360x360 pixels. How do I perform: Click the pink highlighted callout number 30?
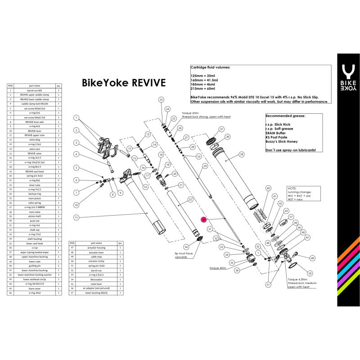(x=204, y=220)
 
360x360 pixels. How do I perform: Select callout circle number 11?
(x=76, y=217)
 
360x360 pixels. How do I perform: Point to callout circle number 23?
(x=162, y=99)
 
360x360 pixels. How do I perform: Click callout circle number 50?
(x=309, y=273)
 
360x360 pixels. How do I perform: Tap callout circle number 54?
(x=186, y=247)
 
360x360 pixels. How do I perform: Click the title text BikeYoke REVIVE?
(x=123, y=83)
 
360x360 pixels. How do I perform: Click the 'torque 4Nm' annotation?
(x=221, y=268)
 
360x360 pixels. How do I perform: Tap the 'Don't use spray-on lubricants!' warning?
(x=290, y=149)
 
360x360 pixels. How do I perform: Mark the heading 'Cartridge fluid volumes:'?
(x=211, y=67)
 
